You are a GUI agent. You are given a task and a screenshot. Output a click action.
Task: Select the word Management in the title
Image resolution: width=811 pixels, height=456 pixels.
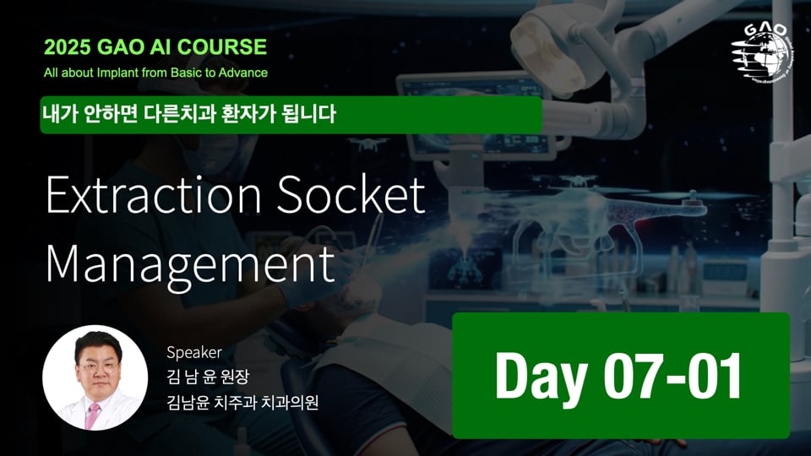[x=190, y=263]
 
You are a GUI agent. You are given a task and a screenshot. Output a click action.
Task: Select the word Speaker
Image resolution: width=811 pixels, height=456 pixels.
[x=193, y=352]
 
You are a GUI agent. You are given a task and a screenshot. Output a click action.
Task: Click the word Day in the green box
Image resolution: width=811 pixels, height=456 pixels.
[x=536, y=376]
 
